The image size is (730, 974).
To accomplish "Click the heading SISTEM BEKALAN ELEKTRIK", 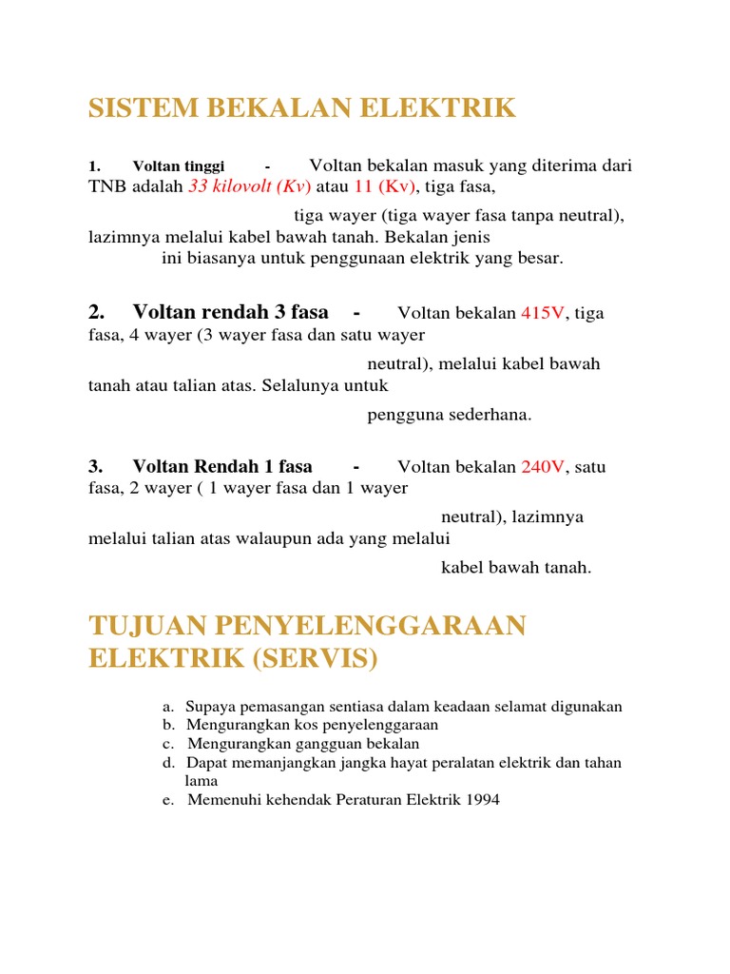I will coord(302,108).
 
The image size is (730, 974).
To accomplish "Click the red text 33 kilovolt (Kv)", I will coord(249,187).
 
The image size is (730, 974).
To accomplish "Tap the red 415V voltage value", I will coord(543,313).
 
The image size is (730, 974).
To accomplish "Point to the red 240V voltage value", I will coord(543,467).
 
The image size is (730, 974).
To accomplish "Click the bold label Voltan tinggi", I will coord(179,166).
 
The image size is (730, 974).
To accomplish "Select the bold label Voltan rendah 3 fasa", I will coord(230,312).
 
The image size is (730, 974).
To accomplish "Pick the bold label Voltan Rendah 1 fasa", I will coord(222,467).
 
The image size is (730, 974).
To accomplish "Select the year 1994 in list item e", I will coord(481,800).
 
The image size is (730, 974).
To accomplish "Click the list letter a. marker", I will coord(168,707).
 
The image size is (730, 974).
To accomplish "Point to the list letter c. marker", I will coord(168,744).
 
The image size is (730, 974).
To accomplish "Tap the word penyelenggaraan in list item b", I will coord(385,725).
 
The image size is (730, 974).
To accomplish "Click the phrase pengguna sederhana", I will coord(450,415).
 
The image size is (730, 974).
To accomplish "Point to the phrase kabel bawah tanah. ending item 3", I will coord(516,568).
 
